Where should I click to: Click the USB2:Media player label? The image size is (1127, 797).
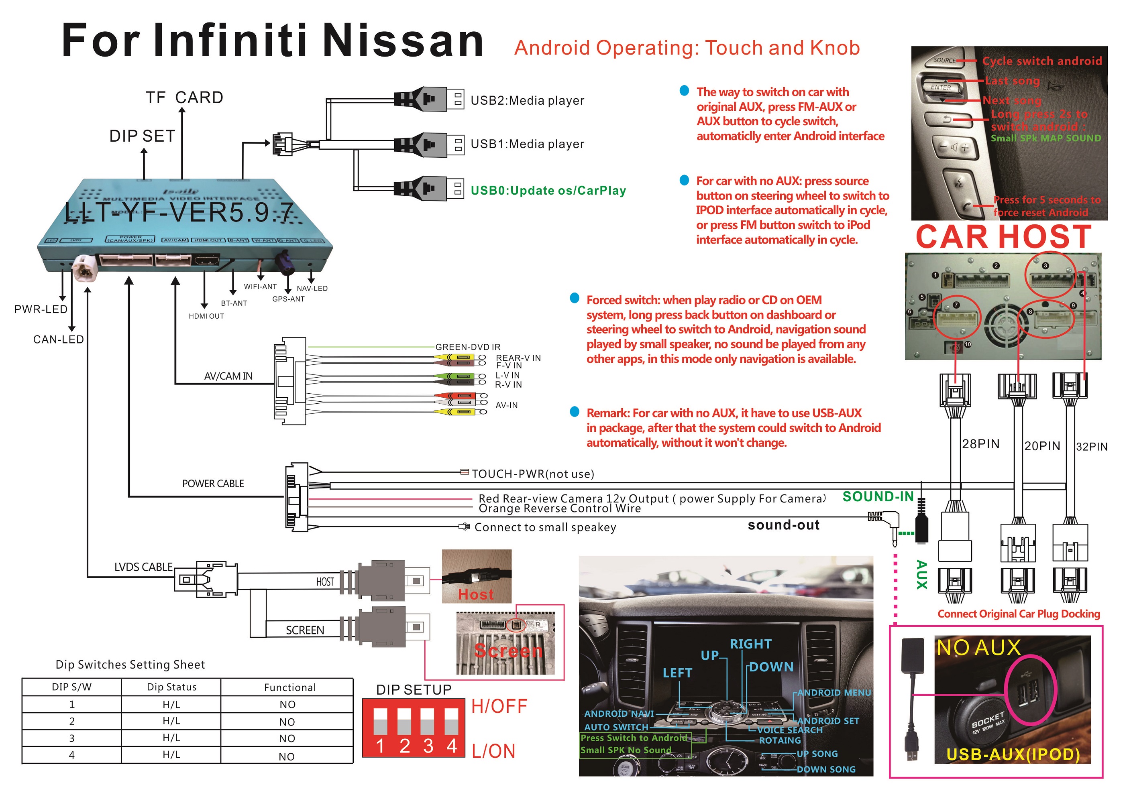pyautogui.click(x=527, y=101)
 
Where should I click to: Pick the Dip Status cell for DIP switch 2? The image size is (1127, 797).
pyautogui.click(x=171, y=720)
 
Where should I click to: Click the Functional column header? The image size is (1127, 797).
pyautogui.click(x=289, y=687)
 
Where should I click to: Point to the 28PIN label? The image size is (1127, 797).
pyautogui.click(x=980, y=444)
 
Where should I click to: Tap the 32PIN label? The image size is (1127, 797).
pyautogui.click(x=1091, y=447)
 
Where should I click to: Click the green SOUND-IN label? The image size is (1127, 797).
pyautogui.click(x=878, y=497)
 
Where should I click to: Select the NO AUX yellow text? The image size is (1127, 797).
pyautogui.click(x=978, y=648)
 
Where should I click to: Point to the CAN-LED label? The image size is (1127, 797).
pyautogui.click(x=58, y=340)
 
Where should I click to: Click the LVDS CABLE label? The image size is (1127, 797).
pyautogui.click(x=143, y=567)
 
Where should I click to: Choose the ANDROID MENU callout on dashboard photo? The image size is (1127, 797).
pyautogui.click(x=834, y=693)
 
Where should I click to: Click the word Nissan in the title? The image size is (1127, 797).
pyautogui.click(x=404, y=41)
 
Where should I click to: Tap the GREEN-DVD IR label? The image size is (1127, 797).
pyautogui.click(x=468, y=347)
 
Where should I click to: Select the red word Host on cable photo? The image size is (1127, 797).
pyautogui.click(x=476, y=594)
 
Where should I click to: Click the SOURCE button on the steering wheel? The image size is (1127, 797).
pyautogui.click(x=944, y=60)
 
